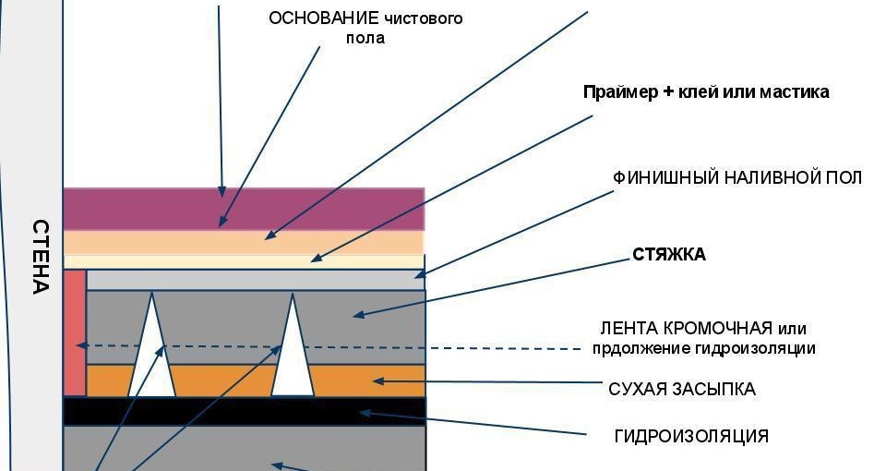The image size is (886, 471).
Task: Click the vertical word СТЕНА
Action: (40, 256)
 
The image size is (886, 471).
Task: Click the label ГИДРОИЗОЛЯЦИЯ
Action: (690, 436)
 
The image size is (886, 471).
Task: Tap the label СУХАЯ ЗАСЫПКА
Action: (682, 389)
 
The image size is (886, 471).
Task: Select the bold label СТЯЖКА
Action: (669, 255)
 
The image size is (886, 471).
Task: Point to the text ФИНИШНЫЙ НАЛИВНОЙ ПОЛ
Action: (737, 177)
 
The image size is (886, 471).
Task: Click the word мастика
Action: (796, 92)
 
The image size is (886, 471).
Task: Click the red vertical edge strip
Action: (75, 332)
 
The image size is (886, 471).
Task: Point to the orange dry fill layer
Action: (221, 380)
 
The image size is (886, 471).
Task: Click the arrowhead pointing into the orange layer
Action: (377, 380)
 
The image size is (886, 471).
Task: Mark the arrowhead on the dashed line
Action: (80, 346)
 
